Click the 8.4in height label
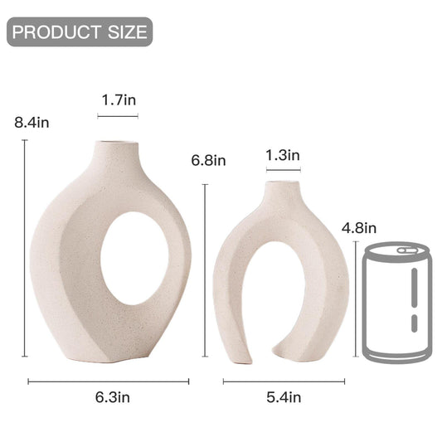[x=32, y=123]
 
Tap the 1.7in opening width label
[x=119, y=100]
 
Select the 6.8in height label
[x=207, y=160]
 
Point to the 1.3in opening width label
[x=283, y=154]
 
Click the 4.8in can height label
[x=358, y=228]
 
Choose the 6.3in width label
[x=112, y=397]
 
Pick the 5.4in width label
[x=283, y=397]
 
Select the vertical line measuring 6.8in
[x=205, y=274]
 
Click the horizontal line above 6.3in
[x=109, y=381]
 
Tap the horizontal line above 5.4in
[x=284, y=381]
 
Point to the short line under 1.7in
[x=118, y=116]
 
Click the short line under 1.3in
[x=283, y=171]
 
